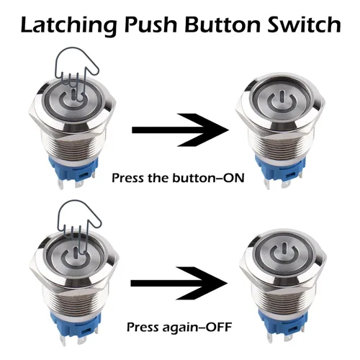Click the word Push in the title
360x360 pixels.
tap(150, 24)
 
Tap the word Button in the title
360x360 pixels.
tap(222, 24)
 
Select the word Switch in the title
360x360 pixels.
tap(305, 24)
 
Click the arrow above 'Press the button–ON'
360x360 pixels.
tap(180, 130)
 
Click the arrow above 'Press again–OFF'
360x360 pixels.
tap(179, 283)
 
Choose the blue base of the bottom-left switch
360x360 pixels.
tap(75, 323)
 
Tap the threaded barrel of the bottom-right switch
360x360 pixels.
tap(282, 297)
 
